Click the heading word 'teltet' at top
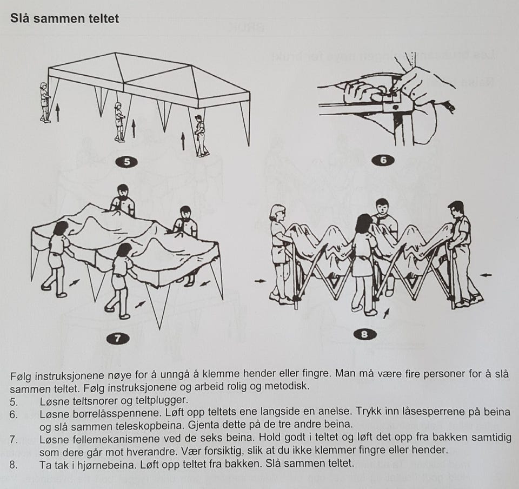tap(104, 18)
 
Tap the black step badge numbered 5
tap(127, 162)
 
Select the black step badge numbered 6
tap(383, 160)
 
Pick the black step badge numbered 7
tap(118, 338)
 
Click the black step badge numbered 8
tap(365, 334)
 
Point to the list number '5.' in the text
tap(14, 402)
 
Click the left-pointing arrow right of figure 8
tap(486, 275)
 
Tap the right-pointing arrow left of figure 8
tap(261, 281)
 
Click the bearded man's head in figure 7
tap(123, 191)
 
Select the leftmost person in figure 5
tap(45, 103)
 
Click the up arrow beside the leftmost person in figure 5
tap(58, 112)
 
